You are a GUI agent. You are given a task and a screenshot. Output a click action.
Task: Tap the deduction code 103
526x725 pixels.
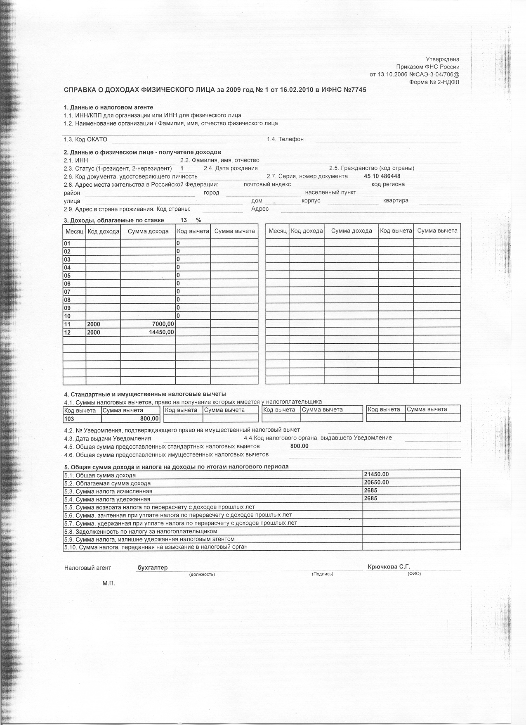point(69,418)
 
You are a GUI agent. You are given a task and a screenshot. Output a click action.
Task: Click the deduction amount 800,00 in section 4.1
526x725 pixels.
point(149,418)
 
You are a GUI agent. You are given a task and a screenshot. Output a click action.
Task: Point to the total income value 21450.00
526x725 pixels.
point(376,474)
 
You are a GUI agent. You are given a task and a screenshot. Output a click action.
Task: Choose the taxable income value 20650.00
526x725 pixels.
point(376,482)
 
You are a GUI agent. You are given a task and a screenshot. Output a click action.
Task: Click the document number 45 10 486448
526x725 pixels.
point(382,176)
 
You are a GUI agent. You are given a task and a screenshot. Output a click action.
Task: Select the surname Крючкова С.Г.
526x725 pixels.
point(389,567)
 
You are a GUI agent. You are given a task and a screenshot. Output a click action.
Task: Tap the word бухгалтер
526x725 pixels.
point(152,568)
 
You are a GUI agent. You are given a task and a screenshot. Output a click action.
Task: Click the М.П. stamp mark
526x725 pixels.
point(109,583)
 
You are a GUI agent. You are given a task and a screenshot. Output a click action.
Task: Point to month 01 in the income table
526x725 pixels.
point(67,243)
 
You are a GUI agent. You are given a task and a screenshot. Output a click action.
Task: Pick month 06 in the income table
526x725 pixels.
point(67,284)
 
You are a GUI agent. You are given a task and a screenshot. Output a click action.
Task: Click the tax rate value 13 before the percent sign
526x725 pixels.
point(184,220)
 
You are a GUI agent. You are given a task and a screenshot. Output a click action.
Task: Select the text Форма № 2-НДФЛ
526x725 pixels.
point(434,82)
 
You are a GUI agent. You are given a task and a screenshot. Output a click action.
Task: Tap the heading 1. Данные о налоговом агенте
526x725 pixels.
point(109,107)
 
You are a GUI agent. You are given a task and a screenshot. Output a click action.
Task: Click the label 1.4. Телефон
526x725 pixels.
point(285,139)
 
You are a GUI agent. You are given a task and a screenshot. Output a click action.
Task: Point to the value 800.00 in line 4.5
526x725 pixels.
point(299,446)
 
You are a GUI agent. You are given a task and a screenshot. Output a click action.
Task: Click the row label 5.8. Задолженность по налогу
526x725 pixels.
point(140,531)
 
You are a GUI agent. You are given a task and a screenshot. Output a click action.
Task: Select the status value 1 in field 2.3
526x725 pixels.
point(182,168)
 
